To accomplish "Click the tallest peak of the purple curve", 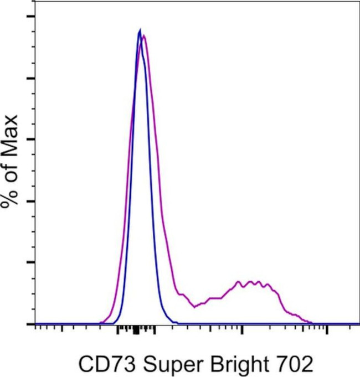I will pos(144,36).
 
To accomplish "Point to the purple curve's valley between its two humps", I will pos(195,306).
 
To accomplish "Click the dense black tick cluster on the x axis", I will pos(136,331).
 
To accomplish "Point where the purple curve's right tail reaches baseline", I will pos(311,323).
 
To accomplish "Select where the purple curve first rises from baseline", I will pos(101,323).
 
